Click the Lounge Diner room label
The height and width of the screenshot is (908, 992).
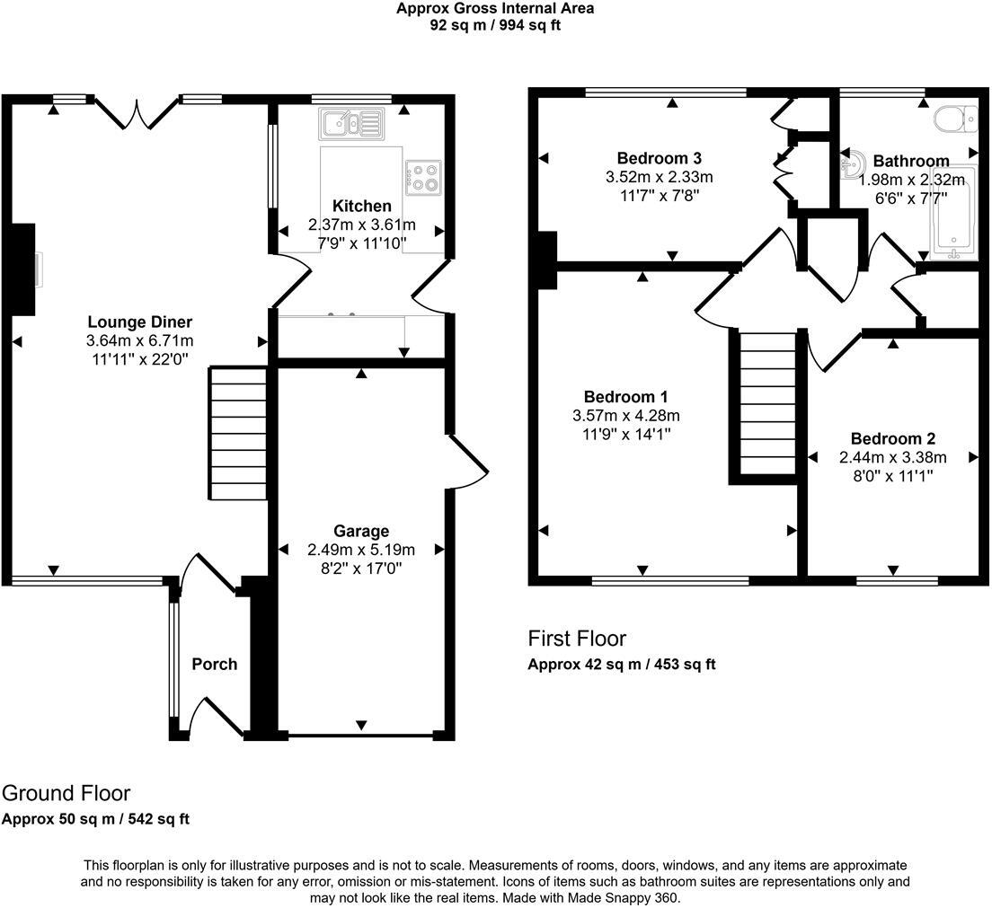point(139,322)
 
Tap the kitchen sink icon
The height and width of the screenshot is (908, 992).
point(350,122)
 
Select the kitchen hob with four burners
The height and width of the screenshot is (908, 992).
point(422,177)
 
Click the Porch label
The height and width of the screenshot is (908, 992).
point(215,665)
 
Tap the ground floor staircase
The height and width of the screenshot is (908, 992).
point(238,432)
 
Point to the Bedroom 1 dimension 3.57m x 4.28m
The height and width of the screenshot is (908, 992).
point(625,416)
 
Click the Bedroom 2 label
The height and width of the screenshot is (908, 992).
point(893,439)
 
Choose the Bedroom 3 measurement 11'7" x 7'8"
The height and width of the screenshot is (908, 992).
point(659,194)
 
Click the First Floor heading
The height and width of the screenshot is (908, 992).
point(576,639)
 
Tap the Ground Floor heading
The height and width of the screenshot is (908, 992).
point(66,794)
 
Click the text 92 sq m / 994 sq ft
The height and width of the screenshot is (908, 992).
point(495,25)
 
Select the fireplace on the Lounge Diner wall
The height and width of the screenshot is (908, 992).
point(24,269)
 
